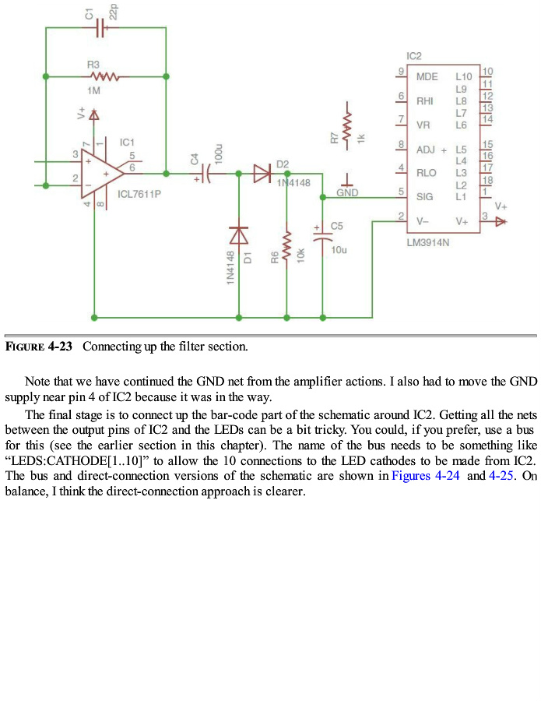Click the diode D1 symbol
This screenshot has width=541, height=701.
click(238, 234)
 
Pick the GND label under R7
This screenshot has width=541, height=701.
click(347, 191)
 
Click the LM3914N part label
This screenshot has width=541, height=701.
click(428, 243)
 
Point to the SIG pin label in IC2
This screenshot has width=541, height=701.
click(425, 197)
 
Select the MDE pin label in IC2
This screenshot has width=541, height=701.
click(427, 77)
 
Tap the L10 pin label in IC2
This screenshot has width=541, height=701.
click(463, 77)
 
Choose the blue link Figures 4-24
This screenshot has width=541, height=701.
click(427, 476)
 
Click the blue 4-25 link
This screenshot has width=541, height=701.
click(502, 476)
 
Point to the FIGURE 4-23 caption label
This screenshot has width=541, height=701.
click(39, 347)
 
